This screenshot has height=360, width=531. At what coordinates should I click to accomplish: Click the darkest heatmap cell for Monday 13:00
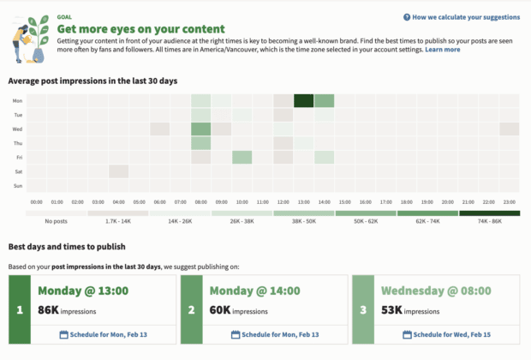point(303,101)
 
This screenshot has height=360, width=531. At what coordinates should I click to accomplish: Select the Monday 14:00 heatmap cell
point(324,101)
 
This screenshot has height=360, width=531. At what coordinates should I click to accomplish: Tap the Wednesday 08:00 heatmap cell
point(200,129)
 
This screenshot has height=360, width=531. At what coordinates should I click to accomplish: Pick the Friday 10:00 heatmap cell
point(242,158)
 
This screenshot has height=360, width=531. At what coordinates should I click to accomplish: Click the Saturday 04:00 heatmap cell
point(118,171)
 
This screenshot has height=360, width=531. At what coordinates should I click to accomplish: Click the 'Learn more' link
point(442,50)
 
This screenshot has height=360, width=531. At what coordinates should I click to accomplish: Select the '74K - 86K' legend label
point(488,221)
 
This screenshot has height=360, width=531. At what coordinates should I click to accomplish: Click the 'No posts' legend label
point(57,221)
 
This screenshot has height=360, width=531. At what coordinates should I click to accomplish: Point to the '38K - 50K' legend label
point(303,221)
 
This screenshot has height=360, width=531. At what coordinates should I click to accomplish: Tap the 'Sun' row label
point(18,186)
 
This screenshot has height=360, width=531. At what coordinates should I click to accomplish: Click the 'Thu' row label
point(18,143)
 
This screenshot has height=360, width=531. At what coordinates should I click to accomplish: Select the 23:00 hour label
point(509,202)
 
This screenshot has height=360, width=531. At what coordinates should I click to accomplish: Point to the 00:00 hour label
point(36,202)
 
